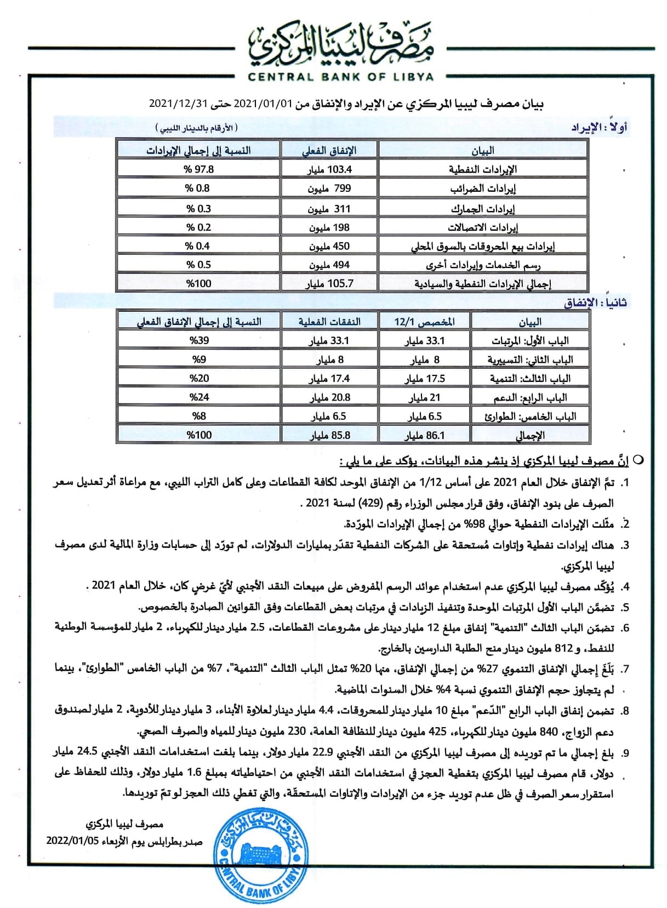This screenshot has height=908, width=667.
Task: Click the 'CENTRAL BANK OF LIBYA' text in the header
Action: point(340,77)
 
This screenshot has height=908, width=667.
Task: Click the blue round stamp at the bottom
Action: point(257,859)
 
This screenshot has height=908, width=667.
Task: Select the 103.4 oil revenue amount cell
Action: point(329,169)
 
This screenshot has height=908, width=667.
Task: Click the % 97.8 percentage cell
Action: point(198,169)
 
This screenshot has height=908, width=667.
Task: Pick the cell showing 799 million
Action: point(329,189)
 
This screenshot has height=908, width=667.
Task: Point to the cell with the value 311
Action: point(329,209)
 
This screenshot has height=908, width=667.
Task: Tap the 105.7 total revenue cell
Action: point(329,283)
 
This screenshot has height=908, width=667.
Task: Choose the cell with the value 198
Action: point(329,227)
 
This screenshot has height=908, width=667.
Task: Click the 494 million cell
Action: point(329,265)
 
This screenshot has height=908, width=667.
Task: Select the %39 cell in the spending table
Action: point(199,340)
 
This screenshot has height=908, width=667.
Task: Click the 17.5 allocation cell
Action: point(424,379)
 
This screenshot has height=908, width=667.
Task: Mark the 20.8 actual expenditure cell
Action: point(329,397)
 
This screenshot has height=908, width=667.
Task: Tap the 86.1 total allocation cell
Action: point(424,436)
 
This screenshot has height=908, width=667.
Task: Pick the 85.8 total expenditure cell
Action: point(329,436)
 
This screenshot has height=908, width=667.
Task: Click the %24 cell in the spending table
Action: point(199,397)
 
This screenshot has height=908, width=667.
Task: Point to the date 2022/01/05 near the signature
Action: point(71,841)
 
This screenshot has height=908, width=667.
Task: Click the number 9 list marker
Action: point(625,753)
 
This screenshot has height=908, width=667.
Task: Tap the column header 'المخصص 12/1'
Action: point(424,322)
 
